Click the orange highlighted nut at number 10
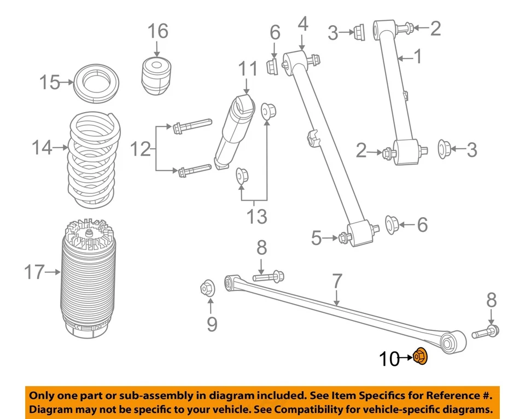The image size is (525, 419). pos(420,357)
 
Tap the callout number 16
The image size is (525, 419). pos(157,31)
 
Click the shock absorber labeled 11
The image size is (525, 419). pos(234,131)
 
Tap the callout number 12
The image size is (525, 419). pos(140,148)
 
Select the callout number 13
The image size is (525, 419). pos(256,217)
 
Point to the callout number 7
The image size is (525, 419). pos(337,282)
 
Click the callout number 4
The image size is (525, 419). pos(303,25)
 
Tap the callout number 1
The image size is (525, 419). pos(417,56)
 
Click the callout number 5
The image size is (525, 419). pos(318,238)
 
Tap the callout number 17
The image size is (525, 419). pos(35,271)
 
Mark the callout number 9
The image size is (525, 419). pos(212,324)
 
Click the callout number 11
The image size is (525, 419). pos(247,69)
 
